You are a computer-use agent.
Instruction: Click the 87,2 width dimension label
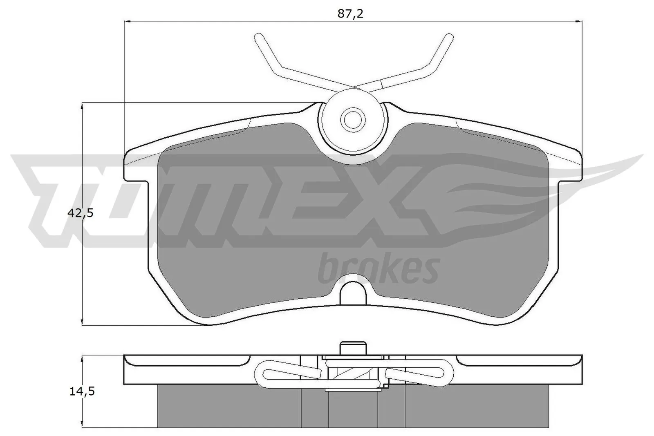tap(350, 14)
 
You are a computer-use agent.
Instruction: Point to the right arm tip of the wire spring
tap(448, 38)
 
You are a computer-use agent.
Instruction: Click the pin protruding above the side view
tap(352, 349)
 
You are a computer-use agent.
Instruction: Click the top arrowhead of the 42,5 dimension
tap(83, 105)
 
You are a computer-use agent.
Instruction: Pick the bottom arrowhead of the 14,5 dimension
tap(83, 425)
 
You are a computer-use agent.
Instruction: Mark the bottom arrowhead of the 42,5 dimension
tap(83, 323)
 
